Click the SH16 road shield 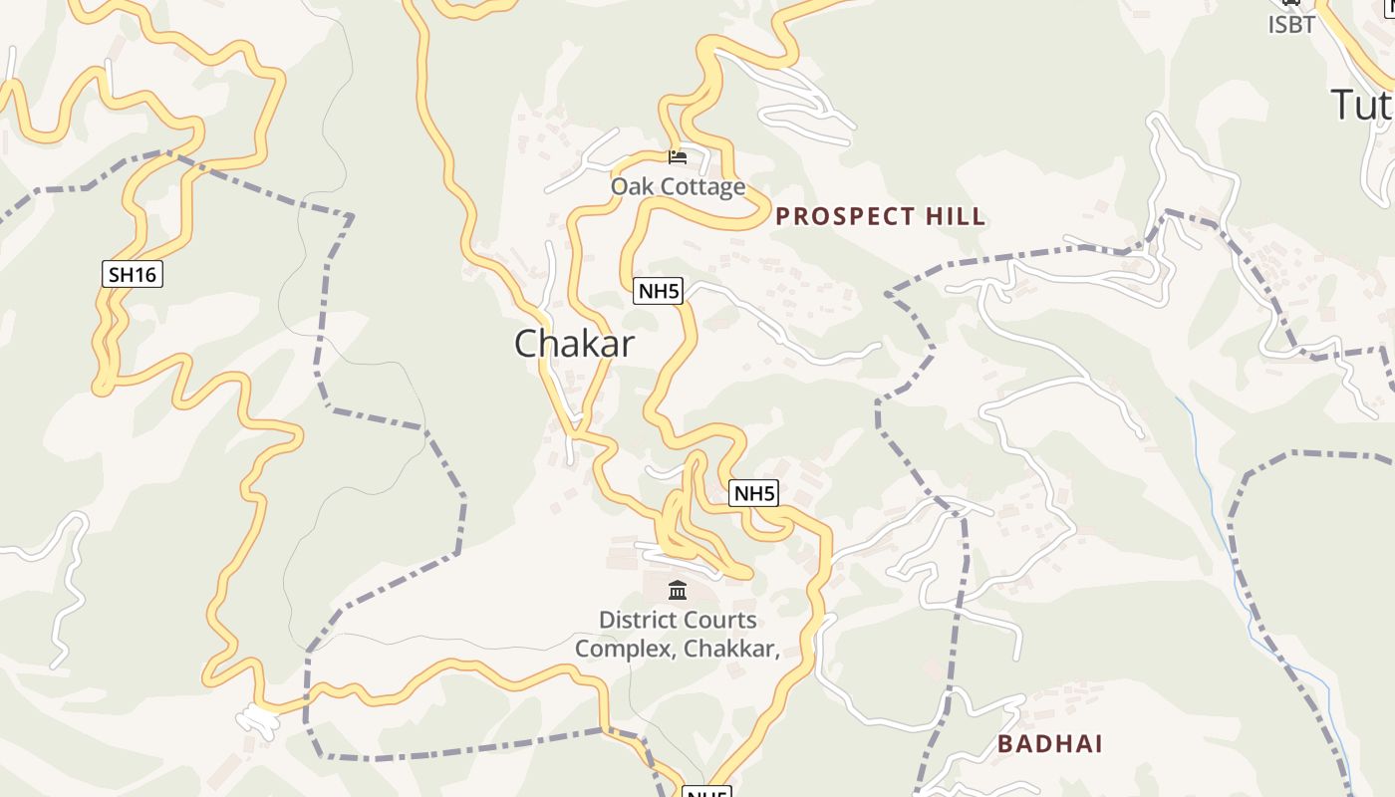pos(133,274)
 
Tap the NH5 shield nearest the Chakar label pos(659,291)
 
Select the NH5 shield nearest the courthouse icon pos(753,493)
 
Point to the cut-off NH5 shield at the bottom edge pos(706,792)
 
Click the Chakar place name pos(574,344)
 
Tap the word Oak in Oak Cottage pos(631,186)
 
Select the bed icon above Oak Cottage pos(678,156)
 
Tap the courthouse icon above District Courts pos(678,591)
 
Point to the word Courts pos(717,620)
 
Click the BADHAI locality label pos(1050,743)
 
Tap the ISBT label pos(1291,25)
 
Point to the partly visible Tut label pos(1361,104)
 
